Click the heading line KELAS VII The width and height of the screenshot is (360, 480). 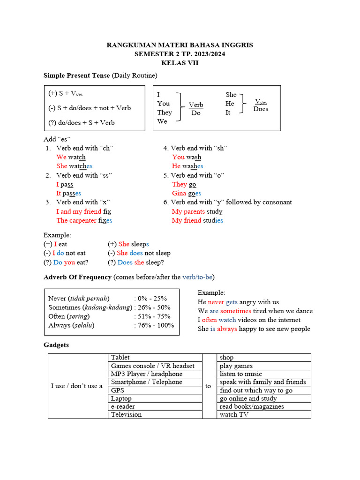(180, 63)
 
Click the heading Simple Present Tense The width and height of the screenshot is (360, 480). (77, 75)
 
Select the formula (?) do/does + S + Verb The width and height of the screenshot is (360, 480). (82, 122)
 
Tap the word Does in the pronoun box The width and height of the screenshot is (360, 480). (261, 109)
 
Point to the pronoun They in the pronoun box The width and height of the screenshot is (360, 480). (165, 112)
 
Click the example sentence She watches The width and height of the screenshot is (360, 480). (74, 166)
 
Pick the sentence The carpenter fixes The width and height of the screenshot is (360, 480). (84, 220)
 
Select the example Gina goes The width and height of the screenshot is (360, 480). (187, 193)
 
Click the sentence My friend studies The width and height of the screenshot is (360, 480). (197, 220)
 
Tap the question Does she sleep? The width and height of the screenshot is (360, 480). (136, 262)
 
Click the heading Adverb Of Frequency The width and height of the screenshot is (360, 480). (77, 277)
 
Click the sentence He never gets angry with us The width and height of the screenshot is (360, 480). (238, 302)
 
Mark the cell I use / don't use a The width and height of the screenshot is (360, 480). (76, 386)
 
